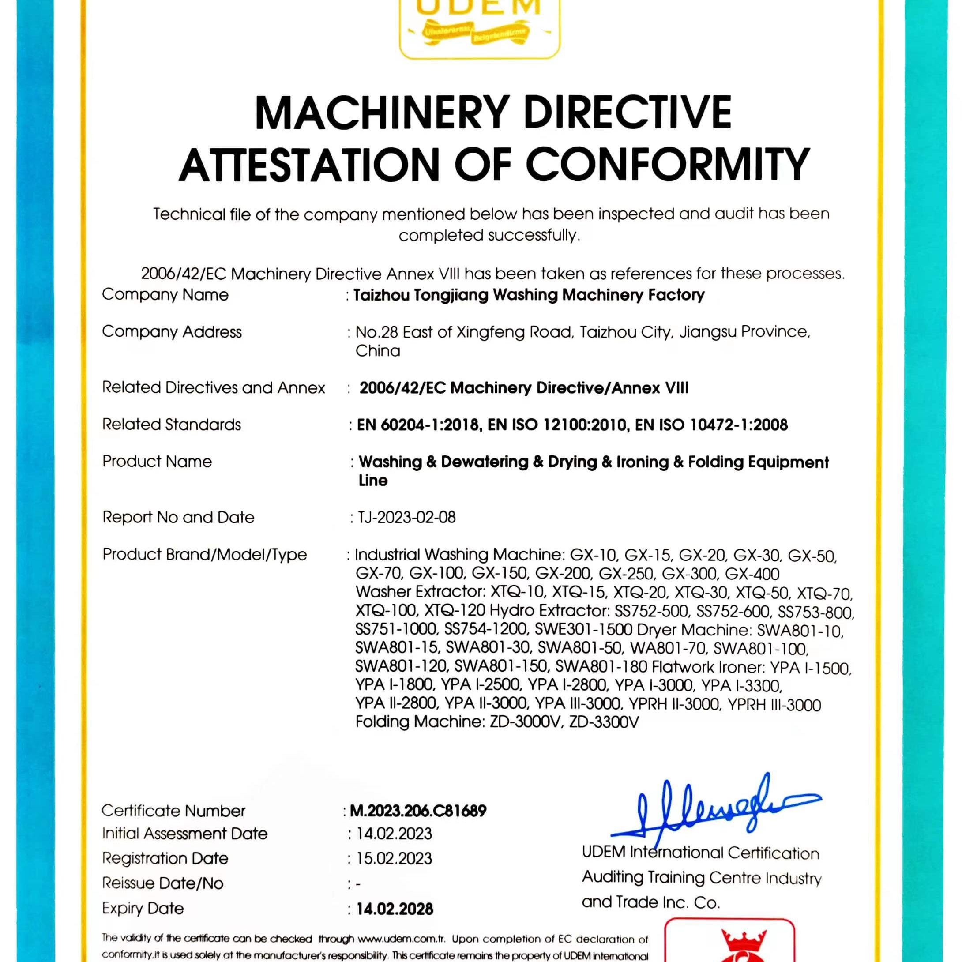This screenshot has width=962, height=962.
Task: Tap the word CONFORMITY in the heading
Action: click(x=667, y=165)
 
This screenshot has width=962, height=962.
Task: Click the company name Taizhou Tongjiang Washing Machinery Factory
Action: click(x=529, y=295)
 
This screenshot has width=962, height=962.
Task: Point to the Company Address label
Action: click(x=171, y=331)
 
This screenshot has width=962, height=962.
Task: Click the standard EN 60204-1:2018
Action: click(x=418, y=425)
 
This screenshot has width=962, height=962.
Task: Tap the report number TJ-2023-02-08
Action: click(x=406, y=517)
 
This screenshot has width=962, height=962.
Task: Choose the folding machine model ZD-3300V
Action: click(x=604, y=722)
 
